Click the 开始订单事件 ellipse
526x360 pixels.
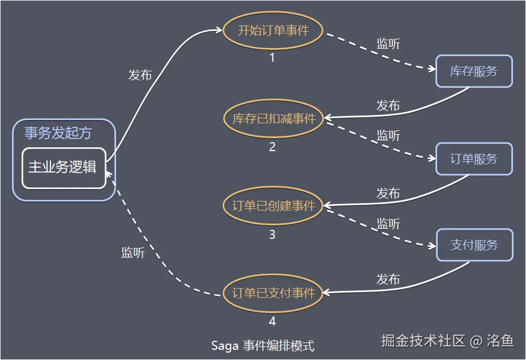pos(273,30)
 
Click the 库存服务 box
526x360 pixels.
pos(473,71)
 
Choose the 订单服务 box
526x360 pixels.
pos(473,159)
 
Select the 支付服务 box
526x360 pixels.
pos(474,245)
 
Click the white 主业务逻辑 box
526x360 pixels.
pos(63,168)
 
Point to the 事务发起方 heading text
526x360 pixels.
pos(58,133)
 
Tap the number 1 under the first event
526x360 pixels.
pos(272,58)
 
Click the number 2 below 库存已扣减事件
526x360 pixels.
pos(272,147)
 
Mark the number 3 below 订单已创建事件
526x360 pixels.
pos(272,234)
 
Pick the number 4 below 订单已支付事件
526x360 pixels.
pos(272,322)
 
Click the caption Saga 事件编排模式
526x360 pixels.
pos(262,345)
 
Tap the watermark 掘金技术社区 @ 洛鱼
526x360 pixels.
pos(447,340)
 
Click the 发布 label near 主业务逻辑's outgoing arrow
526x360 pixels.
pos(140,75)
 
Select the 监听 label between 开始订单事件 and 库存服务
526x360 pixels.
pos(388,44)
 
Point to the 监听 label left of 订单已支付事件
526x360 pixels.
pos(133,253)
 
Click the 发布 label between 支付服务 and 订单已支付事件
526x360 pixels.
pos(388,280)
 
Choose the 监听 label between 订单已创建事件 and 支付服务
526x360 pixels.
pos(388,224)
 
